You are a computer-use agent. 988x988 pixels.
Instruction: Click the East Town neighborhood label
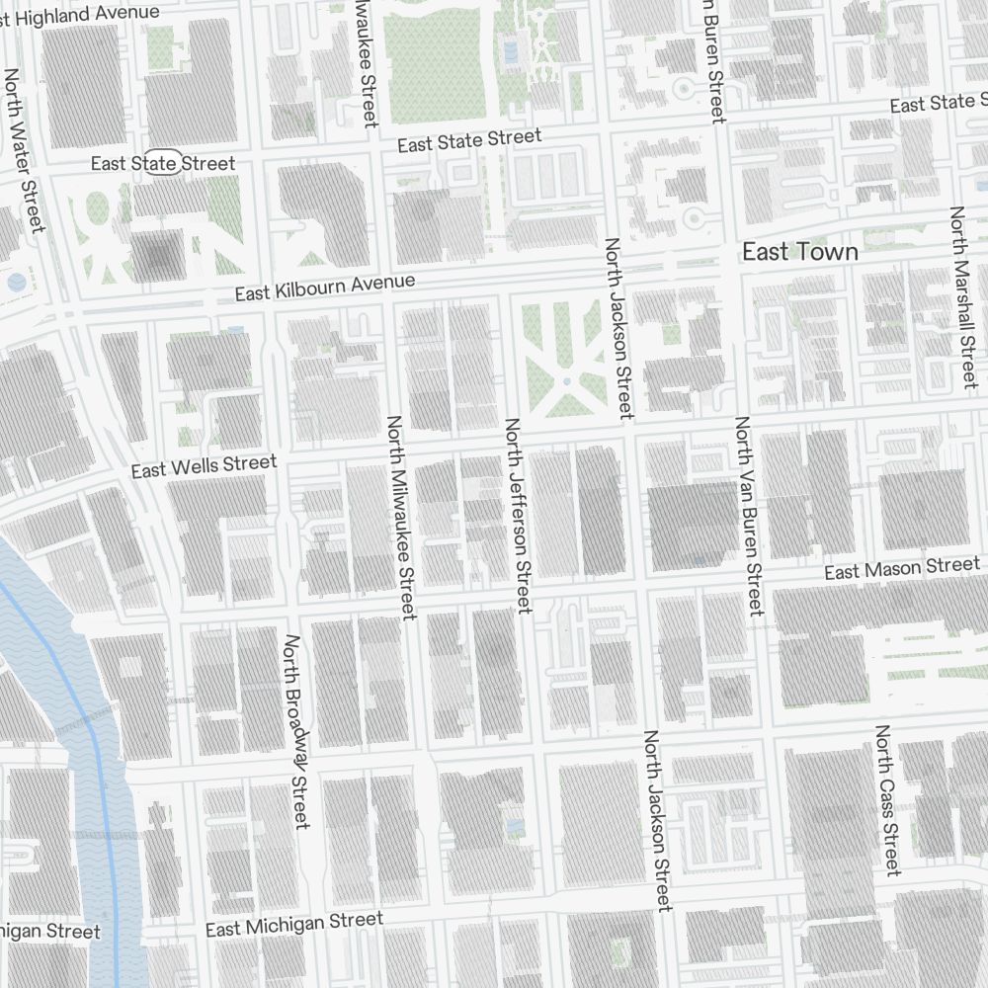pos(799,253)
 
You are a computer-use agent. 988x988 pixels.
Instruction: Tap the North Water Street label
pos(25,150)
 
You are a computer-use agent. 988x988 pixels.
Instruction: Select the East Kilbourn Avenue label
pos(324,288)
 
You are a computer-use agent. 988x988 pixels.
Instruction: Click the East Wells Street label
pos(205,466)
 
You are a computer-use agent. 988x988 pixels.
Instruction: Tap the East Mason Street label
pos(901,570)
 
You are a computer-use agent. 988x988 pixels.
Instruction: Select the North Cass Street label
pos(886,800)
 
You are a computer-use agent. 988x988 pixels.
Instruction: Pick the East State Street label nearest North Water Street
pos(163,163)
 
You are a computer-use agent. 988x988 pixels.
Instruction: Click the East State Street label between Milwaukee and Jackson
pos(469,141)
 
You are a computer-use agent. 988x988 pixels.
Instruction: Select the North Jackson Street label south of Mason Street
pos(658,820)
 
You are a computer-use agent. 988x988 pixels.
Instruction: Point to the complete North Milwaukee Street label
pos(399,518)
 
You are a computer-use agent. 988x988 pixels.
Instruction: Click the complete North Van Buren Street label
pos(748,516)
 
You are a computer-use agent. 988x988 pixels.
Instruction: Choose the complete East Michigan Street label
pos(293,925)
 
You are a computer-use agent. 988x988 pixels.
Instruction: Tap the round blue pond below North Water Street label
pos(16,283)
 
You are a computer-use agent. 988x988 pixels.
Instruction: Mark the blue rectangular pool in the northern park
pos(510,51)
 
